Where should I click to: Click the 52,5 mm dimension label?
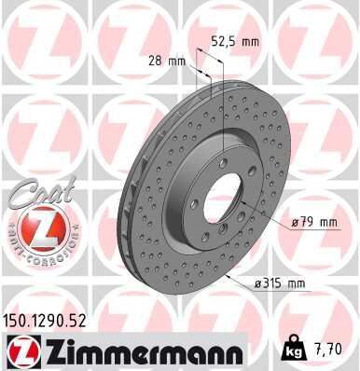pyautogui.click(x=233, y=41)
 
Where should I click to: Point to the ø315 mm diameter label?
pyautogui.click(x=281, y=283)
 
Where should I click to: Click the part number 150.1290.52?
pyautogui.click(x=46, y=319)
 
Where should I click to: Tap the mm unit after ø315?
pyautogui.click(x=298, y=283)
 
